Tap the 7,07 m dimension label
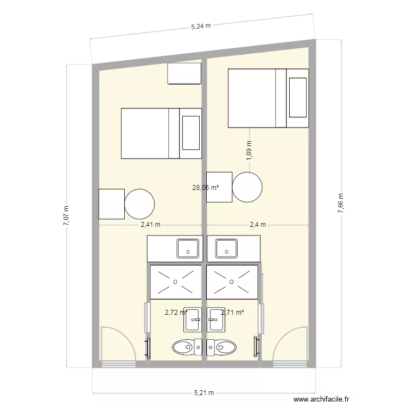[x=66, y=216]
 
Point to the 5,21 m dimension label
[x=204, y=393]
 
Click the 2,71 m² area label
[x=232, y=312]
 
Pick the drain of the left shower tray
[x=175, y=281]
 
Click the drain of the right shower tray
[x=232, y=281]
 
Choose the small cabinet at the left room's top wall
[x=185, y=74]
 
